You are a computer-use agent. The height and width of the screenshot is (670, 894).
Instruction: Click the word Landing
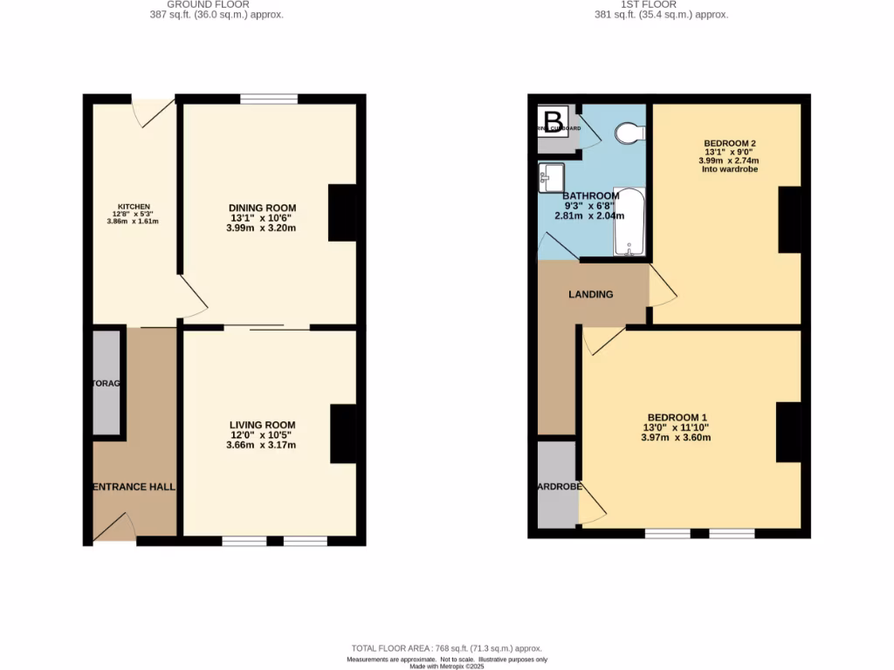coord(591,294)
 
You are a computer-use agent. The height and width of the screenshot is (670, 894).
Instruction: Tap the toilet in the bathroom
coord(629,133)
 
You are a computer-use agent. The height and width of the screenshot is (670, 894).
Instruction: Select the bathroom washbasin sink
coord(551,178)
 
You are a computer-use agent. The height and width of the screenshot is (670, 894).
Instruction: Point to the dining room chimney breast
coord(342,213)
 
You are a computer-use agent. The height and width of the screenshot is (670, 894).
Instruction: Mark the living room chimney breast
coord(343,434)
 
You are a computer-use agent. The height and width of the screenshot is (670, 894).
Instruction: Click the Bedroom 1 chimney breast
coord(788,432)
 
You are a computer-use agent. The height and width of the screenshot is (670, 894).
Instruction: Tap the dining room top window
coord(269,99)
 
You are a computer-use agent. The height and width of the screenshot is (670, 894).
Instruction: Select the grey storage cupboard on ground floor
coord(107,382)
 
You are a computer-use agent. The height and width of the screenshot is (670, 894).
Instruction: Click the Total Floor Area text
coord(446,648)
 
